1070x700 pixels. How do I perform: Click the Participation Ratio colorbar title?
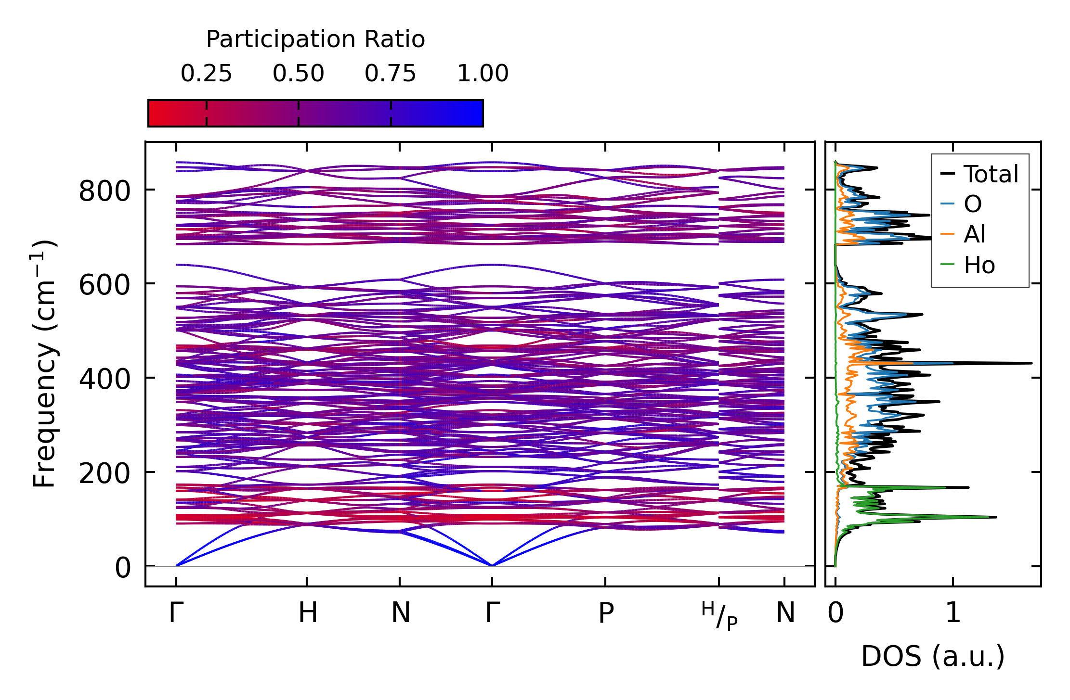coord(315,39)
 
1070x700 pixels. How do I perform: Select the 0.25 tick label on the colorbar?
coord(206,74)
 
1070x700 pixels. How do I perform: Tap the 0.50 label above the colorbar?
coord(298,74)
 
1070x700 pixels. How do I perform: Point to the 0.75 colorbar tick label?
coord(390,74)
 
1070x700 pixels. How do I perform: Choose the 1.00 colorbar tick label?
coord(483,74)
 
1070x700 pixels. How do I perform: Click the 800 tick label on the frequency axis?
coord(104,191)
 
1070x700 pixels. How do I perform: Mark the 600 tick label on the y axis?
coord(104,285)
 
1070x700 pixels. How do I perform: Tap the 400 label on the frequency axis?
coord(104,379)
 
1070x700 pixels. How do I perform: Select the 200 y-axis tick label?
coord(104,473)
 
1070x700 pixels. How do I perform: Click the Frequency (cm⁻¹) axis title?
coord(45,364)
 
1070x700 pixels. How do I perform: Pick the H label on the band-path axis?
coord(308,613)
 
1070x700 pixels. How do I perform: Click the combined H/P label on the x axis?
coord(719,616)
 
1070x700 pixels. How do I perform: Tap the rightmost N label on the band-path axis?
coord(785,613)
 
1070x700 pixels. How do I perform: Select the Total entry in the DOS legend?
coord(991,174)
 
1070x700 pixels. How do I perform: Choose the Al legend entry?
coord(974,235)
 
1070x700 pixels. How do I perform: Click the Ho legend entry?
coord(979,265)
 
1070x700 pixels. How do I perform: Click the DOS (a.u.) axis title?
coord(933,657)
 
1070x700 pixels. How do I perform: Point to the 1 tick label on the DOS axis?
coord(953,613)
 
